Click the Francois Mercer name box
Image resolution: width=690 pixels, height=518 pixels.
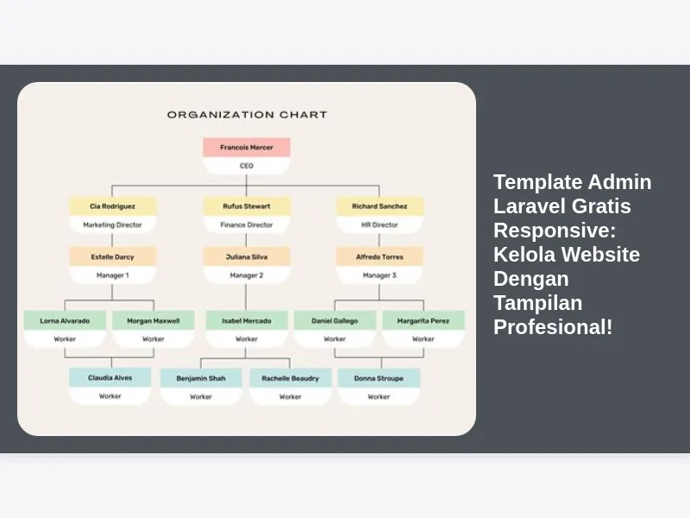(x=247, y=147)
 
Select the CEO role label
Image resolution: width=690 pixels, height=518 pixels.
(x=247, y=166)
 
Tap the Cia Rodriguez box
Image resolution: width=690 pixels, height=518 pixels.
(x=113, y=206)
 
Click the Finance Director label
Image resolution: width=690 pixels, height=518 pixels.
(x=247, y=224)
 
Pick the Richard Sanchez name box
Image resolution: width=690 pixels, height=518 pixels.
(x=379, y=206)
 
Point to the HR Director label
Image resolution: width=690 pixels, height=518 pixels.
(x=379, y=224)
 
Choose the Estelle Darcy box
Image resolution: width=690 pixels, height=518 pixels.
(x=113, y=256)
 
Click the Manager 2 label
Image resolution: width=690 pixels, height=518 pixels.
(x=247, y=275)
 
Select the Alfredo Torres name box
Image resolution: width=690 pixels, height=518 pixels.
(x=379, y=256)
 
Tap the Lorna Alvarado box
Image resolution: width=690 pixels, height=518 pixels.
(x=65, y=320)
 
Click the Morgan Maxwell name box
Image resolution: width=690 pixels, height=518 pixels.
(x=154, y=320)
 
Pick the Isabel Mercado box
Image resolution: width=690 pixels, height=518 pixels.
(x=247, y=320)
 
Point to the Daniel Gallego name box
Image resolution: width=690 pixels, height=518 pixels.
(x=335, y=320)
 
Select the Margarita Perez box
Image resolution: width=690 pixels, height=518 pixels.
(x=423, y=320)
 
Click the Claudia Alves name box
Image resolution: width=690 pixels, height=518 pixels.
(x=110, y=377)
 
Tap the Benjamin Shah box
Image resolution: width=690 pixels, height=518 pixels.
(x=201, y=378)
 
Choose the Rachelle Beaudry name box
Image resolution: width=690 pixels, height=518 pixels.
(x=291, y=378)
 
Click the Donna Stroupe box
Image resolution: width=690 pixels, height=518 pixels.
(x=379, y=378)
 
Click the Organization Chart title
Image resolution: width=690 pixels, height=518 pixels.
(x=247, y=115)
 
